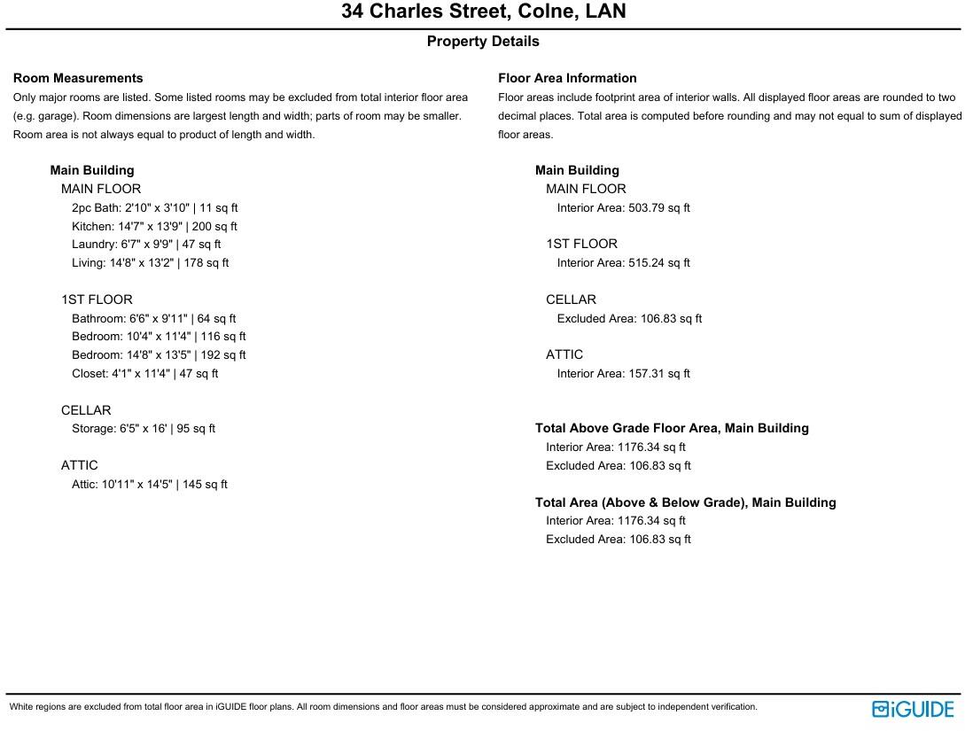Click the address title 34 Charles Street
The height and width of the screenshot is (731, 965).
point(483,12)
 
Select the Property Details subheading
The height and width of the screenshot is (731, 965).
point(483,42)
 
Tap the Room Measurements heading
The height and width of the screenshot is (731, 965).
point(78,78)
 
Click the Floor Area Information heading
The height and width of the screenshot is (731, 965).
point(567,78)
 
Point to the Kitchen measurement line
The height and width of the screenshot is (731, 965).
point(154,226)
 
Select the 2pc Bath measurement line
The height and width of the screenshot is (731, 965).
point(154,207)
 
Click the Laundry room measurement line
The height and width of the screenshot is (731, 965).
point(146,244)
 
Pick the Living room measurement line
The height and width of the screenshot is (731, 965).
point(150,262)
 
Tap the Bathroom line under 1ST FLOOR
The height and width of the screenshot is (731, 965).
point(153,318)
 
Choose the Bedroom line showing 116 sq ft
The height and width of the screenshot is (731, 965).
point(159,337)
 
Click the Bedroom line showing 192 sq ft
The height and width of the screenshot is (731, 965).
point(159,354)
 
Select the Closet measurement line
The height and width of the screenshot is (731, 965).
point(144,373)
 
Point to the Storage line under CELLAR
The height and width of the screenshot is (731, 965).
point(144,428)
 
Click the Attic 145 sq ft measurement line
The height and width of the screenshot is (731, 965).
point(149,484)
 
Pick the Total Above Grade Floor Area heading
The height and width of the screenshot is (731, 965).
point(672,428)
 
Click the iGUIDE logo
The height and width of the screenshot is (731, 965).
point(913,709)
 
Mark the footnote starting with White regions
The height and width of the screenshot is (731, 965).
point(383,707)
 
